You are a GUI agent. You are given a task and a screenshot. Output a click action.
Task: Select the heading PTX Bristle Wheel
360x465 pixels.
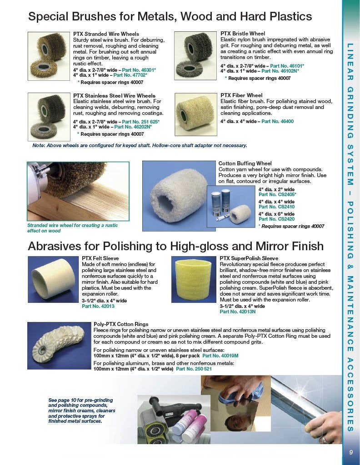coord(242,34)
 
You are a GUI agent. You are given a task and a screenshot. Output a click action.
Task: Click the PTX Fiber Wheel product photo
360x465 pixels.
coord(196,114)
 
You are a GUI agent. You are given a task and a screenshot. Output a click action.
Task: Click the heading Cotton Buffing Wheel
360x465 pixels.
coord(245,163)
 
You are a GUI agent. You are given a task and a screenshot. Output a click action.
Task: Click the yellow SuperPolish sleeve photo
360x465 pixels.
coord(194,279)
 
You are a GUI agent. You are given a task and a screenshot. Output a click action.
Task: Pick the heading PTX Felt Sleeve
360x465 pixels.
coord(100,258)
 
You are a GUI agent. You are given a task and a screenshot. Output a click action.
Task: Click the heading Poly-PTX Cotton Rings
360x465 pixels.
coord(121,324)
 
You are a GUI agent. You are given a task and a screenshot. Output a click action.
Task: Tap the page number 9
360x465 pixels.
coord(351,452)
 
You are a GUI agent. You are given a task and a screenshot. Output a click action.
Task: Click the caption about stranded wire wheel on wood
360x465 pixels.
coord(72,228)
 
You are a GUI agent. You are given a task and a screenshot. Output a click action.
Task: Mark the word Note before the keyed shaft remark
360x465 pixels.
coord(39,146)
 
